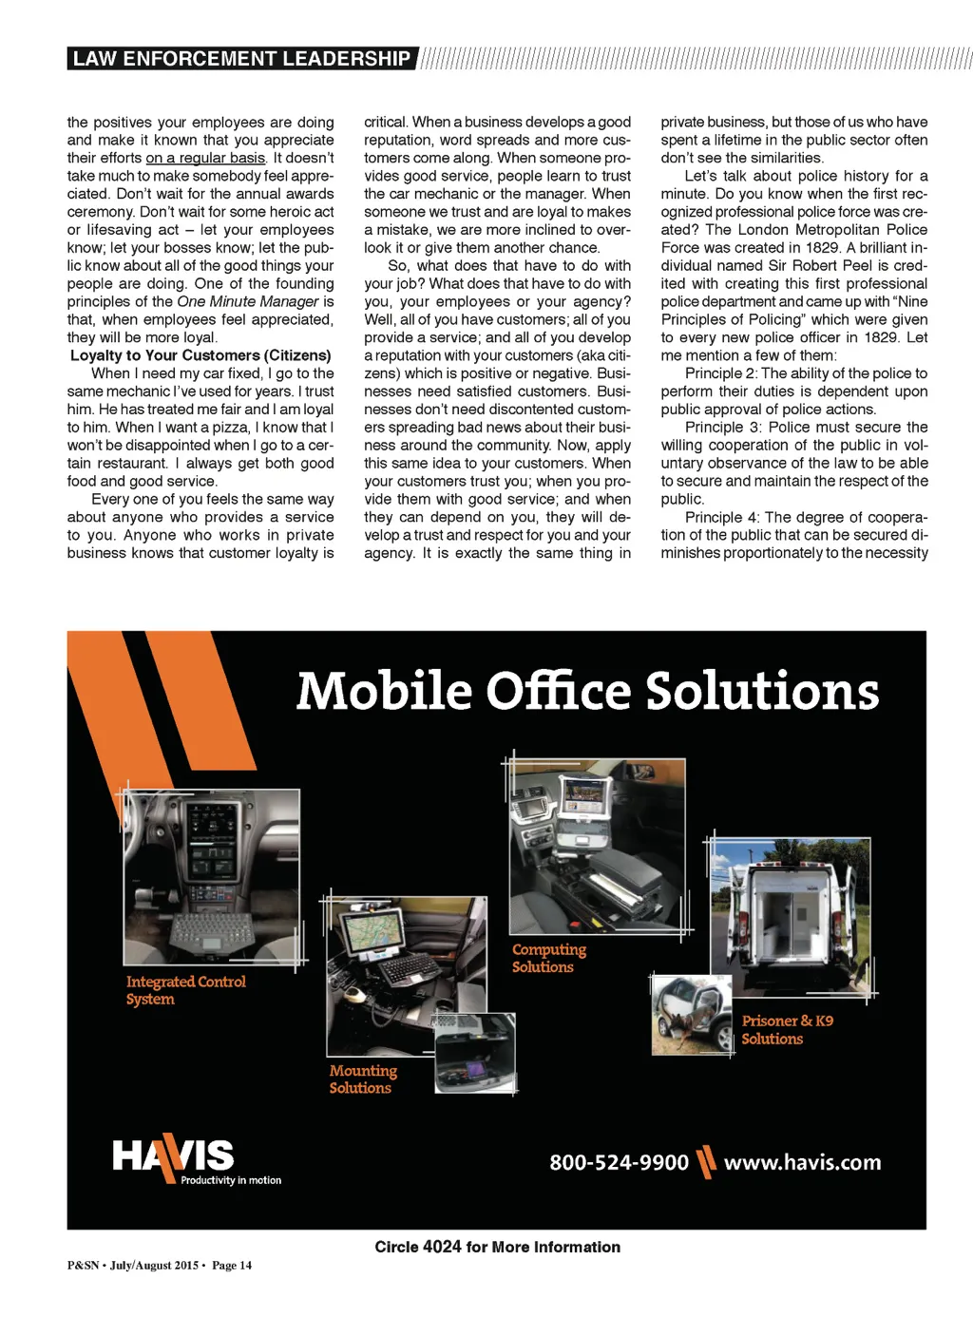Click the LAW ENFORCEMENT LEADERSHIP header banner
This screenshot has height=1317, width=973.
(241, 59)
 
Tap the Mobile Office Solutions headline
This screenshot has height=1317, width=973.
(587, 691)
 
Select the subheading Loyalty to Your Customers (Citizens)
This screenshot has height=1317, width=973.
(200, 355)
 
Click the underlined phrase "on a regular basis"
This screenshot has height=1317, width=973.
(205, 158)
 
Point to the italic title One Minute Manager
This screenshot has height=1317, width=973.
(247, 301)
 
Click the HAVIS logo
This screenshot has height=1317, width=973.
(173, 1155)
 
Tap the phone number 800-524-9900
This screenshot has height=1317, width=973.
(619, 1162)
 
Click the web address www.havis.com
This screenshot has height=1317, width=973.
(802, 1162)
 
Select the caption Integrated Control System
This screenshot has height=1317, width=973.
(185, 990)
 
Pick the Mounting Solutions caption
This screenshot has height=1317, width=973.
(363, 1079)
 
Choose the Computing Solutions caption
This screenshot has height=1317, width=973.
(548, 958)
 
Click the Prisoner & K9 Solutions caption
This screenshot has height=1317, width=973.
(787, 1029)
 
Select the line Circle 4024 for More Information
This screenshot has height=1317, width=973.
(497, 1247)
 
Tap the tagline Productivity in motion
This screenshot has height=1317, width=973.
(231, 1180)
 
